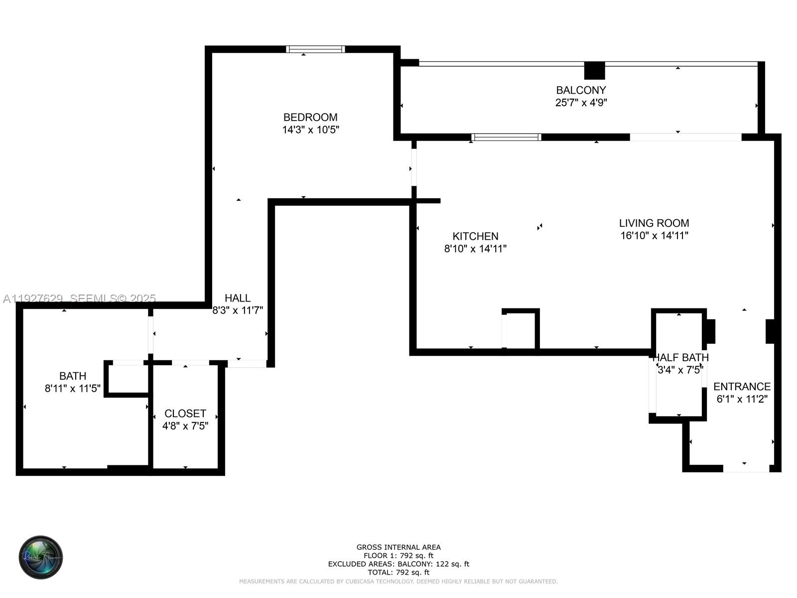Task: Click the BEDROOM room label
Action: [310, 117]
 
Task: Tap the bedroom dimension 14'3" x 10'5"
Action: [310, 130]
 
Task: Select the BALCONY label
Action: [581, 90]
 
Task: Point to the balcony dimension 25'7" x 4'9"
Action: [581, 103]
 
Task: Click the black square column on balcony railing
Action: [594, 70]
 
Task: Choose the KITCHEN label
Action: [475, 236]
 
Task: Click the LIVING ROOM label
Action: [654, 223]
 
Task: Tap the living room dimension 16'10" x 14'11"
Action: [654, 236]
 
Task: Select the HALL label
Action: [238, 298]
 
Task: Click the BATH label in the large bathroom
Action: [73, 376]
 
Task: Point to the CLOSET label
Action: [185, 414]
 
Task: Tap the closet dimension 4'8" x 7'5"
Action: [185, 426]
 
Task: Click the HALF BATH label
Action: [680, 357]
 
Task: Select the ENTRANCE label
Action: [742, 387]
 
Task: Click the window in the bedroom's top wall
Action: [315, 49]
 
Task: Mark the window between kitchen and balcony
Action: [506, 137]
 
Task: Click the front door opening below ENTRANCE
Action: [746, 468]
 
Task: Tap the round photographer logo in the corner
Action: [41, 558]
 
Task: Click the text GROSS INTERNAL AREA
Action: [398, 547]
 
